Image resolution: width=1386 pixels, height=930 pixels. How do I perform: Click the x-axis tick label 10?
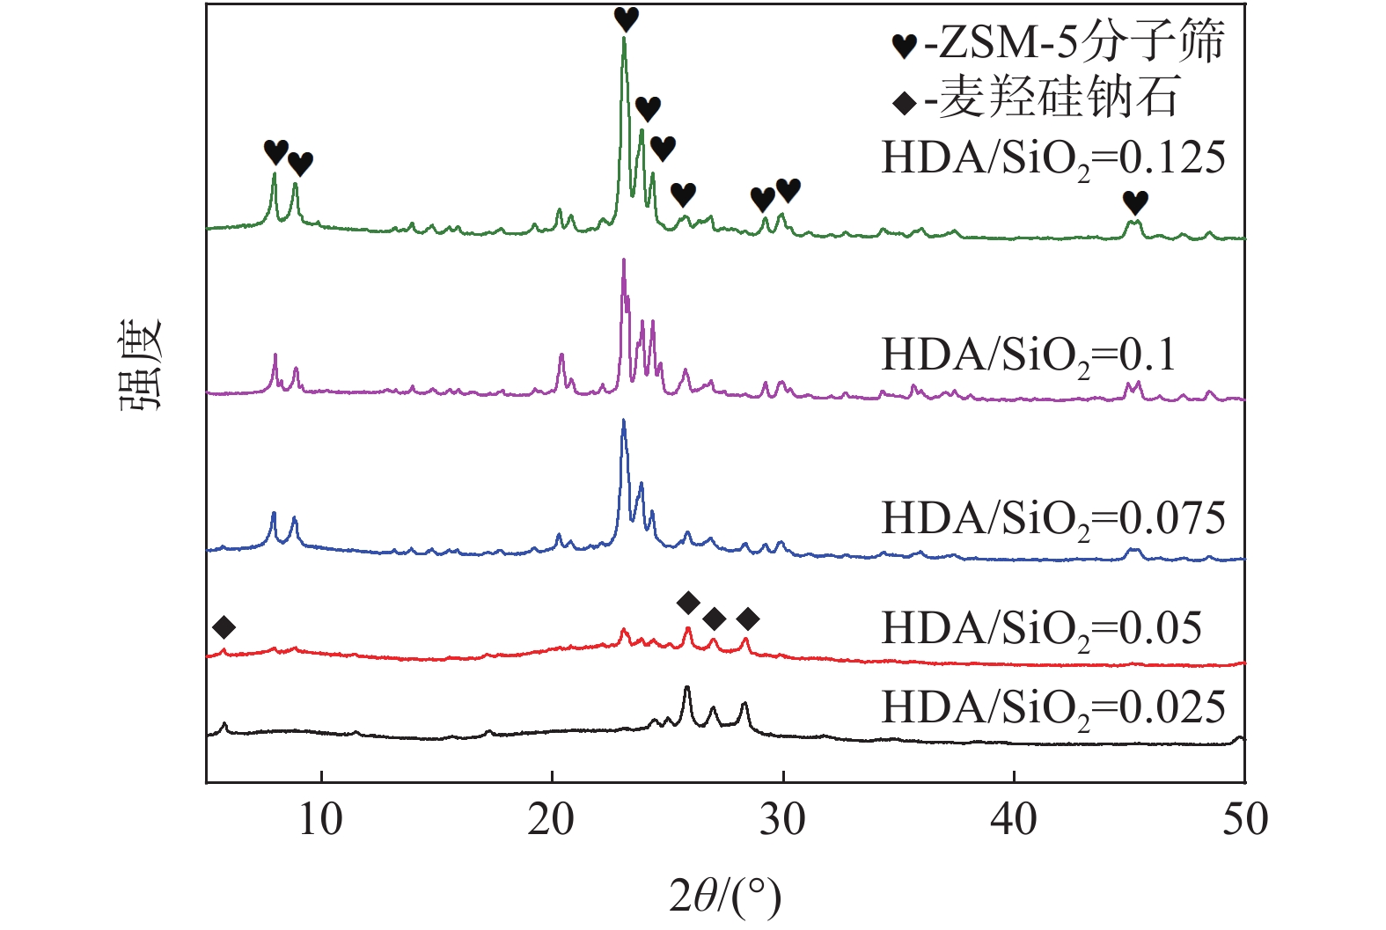tap(320, 820)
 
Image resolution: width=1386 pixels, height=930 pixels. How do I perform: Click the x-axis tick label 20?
tap(551, 820)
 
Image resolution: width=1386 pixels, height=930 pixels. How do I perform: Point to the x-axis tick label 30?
tap(782, 820)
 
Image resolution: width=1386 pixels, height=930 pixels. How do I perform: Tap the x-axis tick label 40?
tap(1013, 820)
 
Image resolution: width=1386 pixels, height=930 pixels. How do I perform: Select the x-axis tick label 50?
tap(1244, 820)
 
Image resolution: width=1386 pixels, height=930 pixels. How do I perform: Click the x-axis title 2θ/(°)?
tap(725, 897)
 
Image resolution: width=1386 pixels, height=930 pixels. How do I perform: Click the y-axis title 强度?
tap(142, 364)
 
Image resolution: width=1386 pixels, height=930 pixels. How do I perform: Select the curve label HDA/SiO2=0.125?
tap(1052, 159)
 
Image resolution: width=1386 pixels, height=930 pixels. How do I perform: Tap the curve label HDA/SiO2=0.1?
tap(1028, 356)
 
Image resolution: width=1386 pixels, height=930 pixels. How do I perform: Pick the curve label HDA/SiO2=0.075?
tap(1052, 519)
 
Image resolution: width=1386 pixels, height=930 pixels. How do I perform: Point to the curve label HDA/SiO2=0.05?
tap(1041, 630)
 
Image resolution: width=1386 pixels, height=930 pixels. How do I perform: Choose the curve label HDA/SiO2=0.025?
tap(1052, 708)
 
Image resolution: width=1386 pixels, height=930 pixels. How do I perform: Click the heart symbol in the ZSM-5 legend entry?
tap(905, 45)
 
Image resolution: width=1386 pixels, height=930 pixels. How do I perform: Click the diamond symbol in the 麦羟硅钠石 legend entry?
tap(905, 103)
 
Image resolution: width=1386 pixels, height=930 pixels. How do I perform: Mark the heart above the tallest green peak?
tap(626, 18)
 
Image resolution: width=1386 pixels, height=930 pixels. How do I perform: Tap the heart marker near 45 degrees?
tap(1135, 202)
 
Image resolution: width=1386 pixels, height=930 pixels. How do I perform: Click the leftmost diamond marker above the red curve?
tap(224, 627)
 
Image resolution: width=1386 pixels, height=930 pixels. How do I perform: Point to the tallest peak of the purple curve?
tap(624, 260)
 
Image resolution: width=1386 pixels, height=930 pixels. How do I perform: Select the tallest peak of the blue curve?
tap(624, 421)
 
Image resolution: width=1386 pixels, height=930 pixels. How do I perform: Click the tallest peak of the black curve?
tap(686, 688)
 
